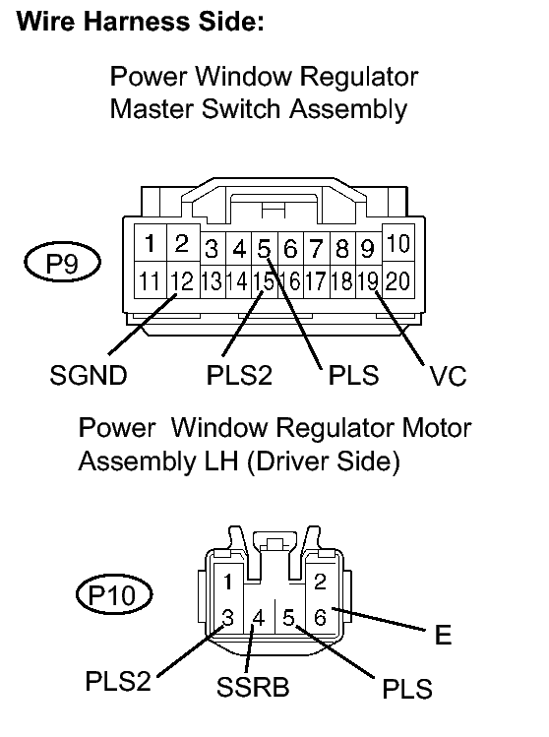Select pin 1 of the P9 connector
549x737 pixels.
150,243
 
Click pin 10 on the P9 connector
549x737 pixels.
398,243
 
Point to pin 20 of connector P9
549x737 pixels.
398,280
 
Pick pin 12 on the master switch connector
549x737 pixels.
182,280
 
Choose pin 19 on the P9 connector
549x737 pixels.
369,281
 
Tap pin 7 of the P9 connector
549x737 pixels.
316,249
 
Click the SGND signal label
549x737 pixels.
89,376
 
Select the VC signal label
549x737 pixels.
448,376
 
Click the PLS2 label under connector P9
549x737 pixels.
239,376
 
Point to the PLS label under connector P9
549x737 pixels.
353,376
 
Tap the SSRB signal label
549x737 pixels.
253,687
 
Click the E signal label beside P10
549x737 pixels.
444,635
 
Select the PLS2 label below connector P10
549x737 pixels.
118,681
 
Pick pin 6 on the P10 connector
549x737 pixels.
320,617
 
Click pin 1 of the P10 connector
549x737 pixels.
228,582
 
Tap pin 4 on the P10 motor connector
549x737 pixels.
259,618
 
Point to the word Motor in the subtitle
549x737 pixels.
437,428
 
